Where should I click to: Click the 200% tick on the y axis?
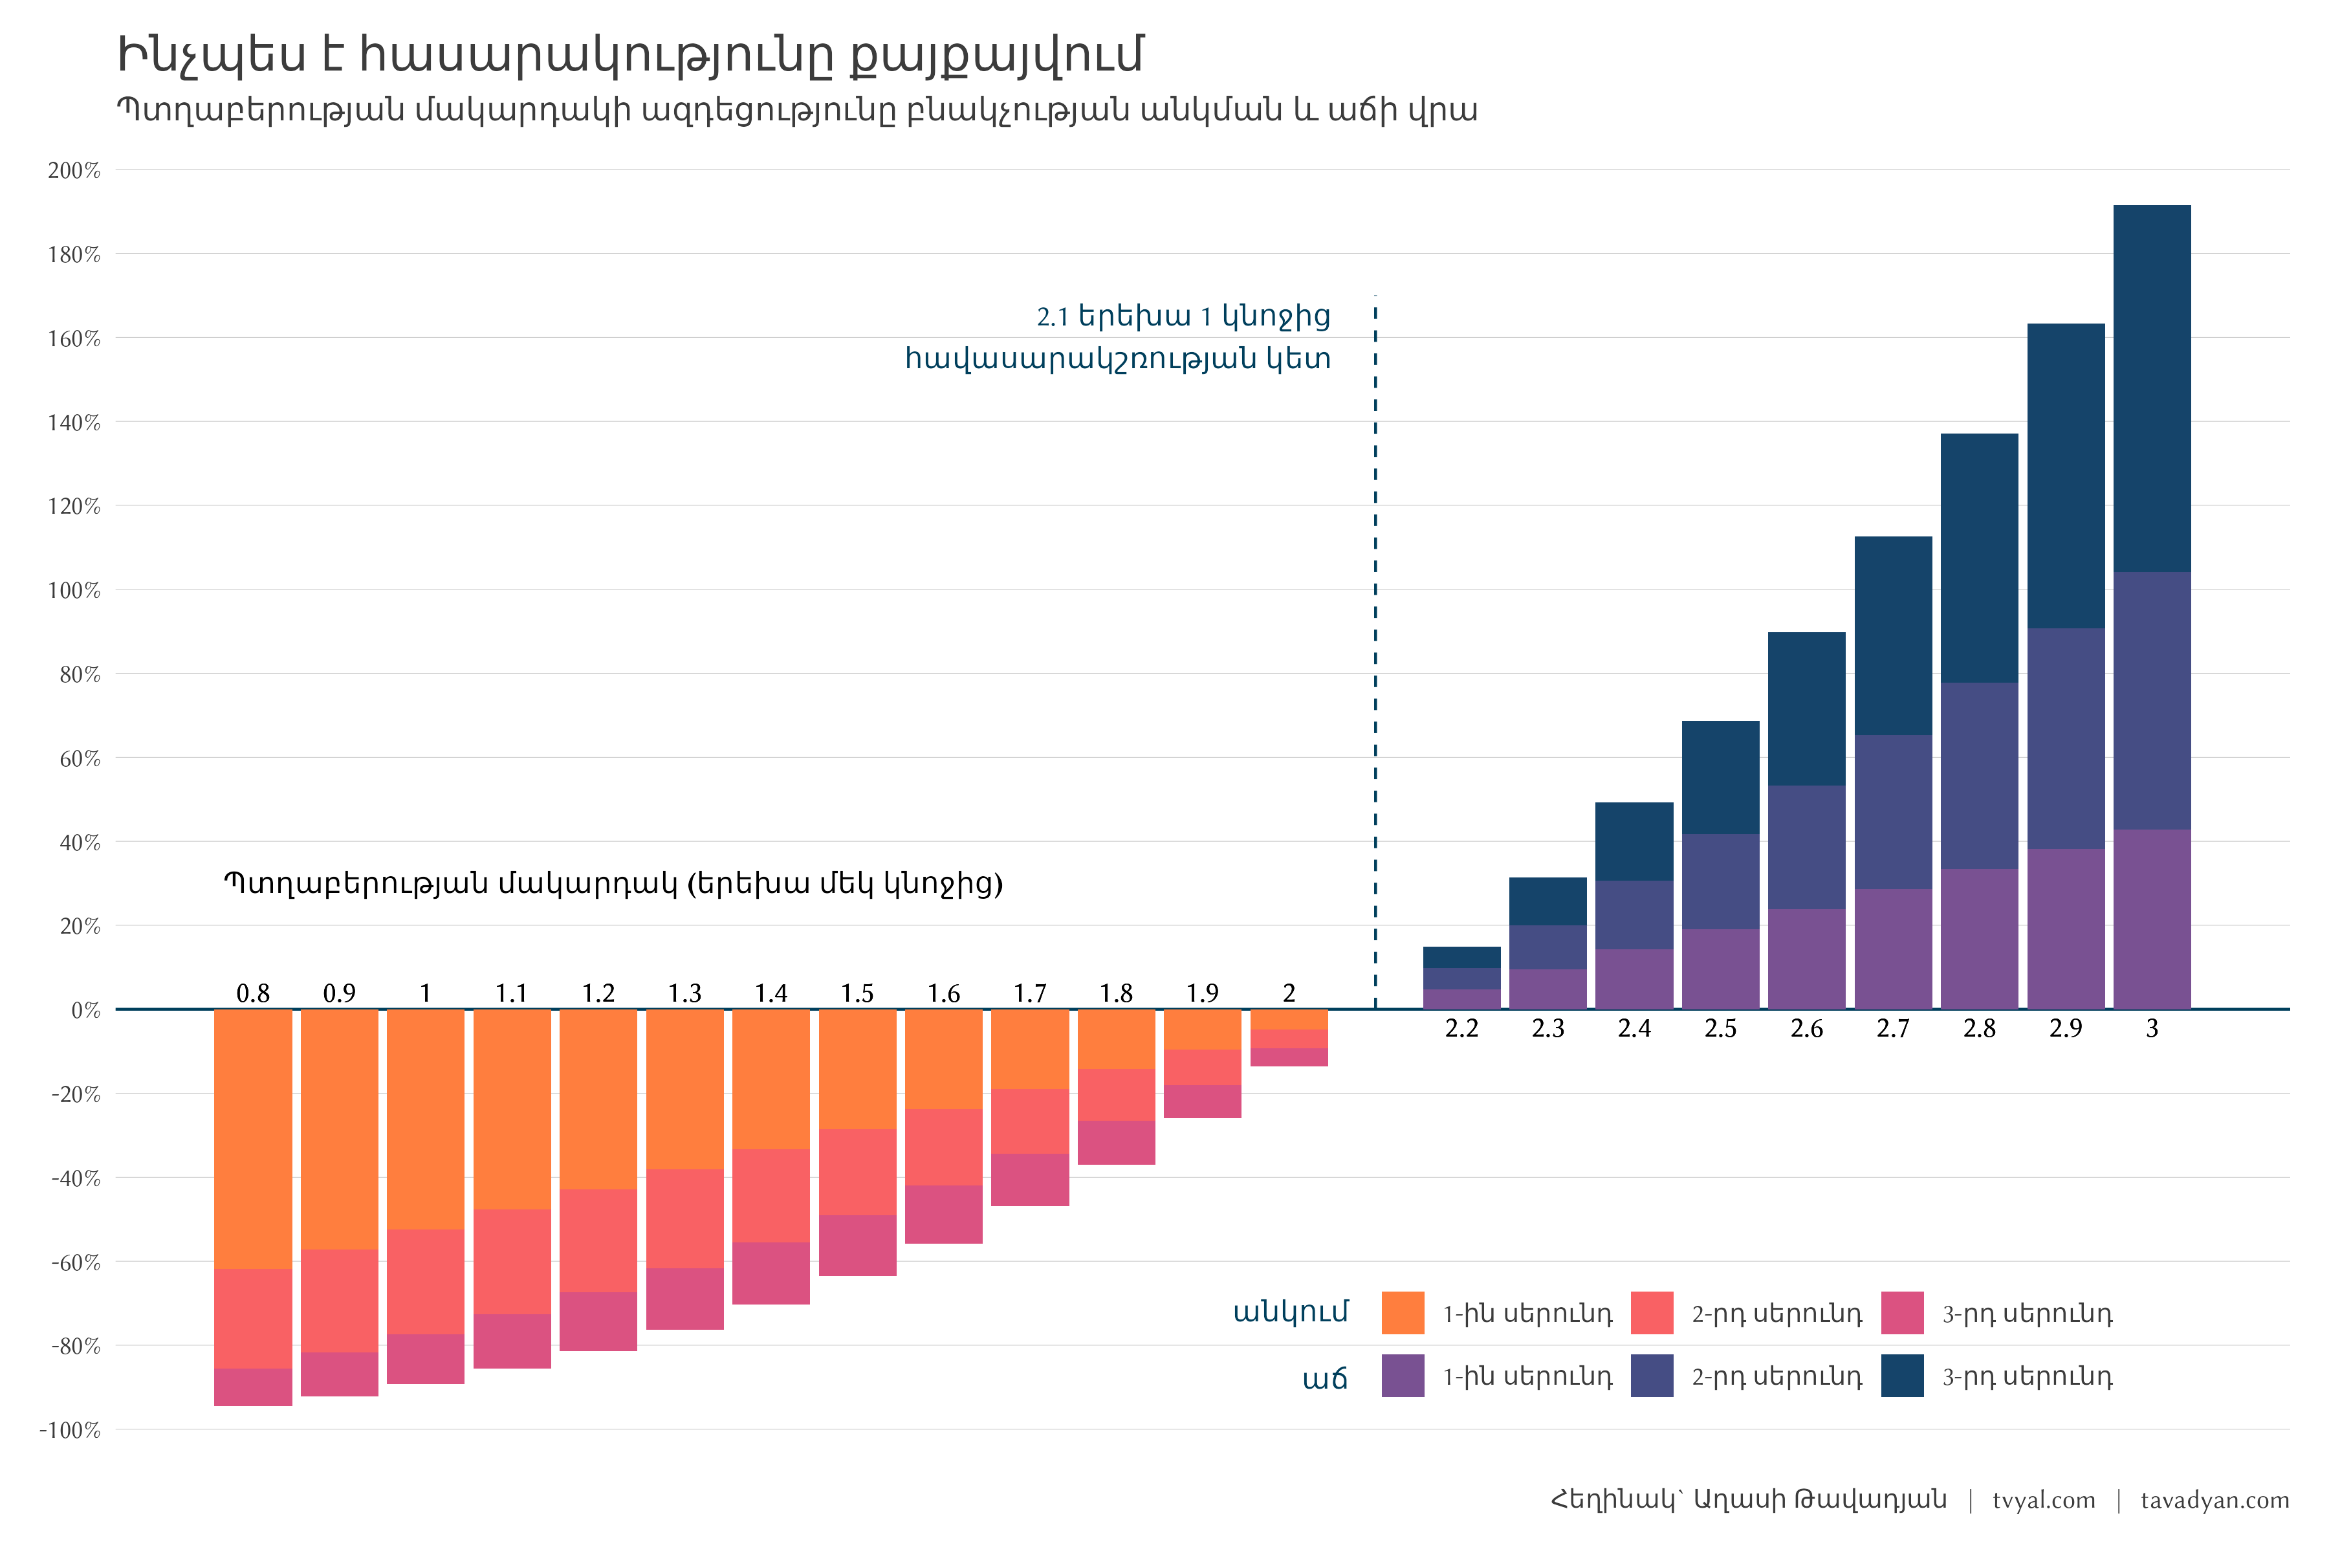click(74, 170)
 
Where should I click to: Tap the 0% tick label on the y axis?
click(85, 1010)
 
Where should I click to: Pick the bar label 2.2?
click(1461, 1029)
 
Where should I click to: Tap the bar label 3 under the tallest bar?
click(2152, 1029)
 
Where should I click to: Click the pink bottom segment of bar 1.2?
click(598, 1321)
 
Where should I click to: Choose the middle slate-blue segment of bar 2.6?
click(1806, 848)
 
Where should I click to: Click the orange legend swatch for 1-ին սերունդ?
click(1402, 1314)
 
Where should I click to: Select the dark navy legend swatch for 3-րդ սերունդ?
click(1902, 1376)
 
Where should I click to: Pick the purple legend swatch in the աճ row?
click(1402, 1376)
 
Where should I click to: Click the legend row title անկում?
click(1290, 1312)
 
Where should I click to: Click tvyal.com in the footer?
click(2043, 1501)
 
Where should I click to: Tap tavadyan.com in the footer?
click(2214, 1501)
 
